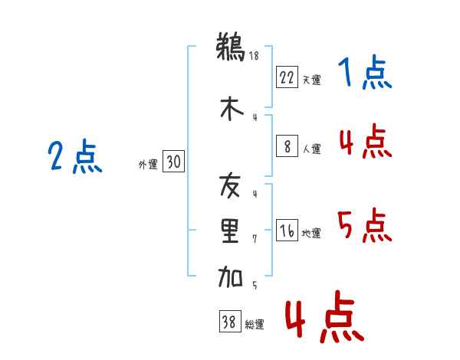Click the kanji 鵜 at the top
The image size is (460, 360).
tap(231, 47)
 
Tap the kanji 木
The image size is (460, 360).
tap(232, 109)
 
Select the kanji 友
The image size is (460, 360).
tap(230, 185)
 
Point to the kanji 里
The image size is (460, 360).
tap(230, 231)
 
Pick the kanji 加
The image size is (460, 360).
tap(230, 277)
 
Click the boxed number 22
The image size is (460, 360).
tap(287, 77)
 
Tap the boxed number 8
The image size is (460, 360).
tap(287, 146)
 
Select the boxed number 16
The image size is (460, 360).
tap(287, 230)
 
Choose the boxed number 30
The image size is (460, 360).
tap(174, 161)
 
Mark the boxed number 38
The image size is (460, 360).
tap(230, 321)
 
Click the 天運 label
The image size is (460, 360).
tap(311, 80)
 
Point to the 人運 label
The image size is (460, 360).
tap(311, 149)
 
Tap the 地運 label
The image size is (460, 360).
tap(311, 233)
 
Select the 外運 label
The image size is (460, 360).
tap(148, 165)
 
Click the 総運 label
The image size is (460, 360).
tap(255, 324)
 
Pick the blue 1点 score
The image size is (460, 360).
tap(365, 72)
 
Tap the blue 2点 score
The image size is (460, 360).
tap(75, 156)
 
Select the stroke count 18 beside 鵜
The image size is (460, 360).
tap(254, 56)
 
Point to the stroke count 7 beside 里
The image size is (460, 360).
tap(255, 239)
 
